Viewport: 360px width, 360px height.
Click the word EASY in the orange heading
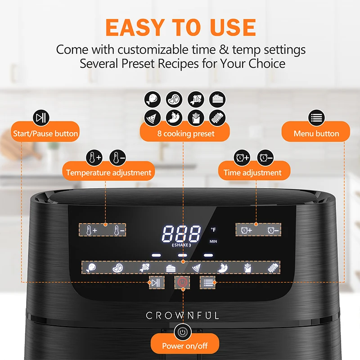point(135,27)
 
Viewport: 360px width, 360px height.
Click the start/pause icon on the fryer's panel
point(156,283)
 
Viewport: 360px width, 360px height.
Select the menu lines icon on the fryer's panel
point(207,283)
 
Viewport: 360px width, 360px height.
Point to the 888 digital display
point(181,234)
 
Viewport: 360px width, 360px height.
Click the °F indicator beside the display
point(213,229)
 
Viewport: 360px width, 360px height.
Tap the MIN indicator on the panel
point(213,241)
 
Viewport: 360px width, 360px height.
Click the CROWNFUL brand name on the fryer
point(183,315)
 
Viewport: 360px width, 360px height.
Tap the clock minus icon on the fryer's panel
point(273,230)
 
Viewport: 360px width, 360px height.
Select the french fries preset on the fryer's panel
point(247,268)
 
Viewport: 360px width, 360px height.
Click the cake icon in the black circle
point(217,99)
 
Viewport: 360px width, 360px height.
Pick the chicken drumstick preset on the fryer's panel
point(91,268)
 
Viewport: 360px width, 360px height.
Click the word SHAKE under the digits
point(181,245)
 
